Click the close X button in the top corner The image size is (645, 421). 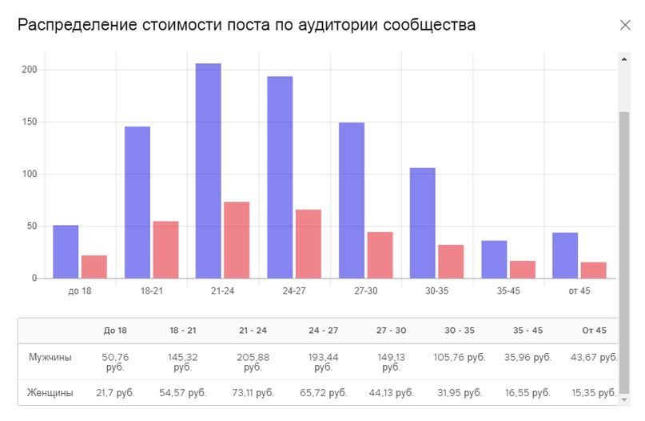(625, 25)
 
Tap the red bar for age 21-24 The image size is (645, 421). (237, 240)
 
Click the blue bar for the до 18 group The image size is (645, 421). (66, 251)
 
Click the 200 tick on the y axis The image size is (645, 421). (30, 70)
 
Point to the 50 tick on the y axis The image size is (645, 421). (33, 227)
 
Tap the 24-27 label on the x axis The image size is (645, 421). (294, 291)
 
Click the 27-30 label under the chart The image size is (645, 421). (365, 291)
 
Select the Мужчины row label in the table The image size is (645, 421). (50, 357)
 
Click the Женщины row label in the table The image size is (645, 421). (50, 393)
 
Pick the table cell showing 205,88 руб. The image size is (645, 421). (253, 362)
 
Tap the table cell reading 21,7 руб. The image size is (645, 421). (115, 393)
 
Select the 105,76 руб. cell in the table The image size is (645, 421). (459, 357)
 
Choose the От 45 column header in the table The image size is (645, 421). (594, 331)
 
